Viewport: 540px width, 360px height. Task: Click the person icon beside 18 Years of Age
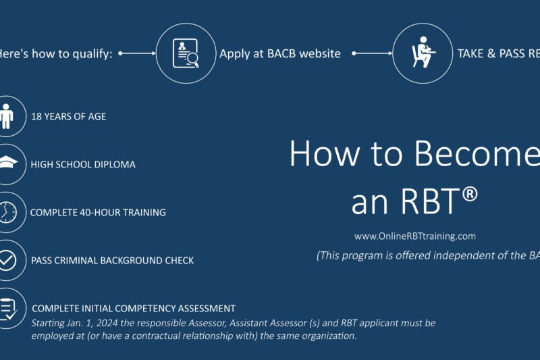(x=7, y=116)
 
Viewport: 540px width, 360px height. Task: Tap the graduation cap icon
(x=7, y=164)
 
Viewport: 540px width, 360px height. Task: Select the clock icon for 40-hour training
(x=7, y=212)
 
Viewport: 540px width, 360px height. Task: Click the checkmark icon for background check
(x=7, y=260)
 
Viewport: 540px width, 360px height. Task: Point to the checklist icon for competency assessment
(x=7, y=309)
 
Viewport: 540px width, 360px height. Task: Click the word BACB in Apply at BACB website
(x=279, y=54)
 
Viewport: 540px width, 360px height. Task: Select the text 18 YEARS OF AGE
(x=68, y=116)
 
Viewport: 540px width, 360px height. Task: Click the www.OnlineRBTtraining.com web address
(x=415, y=236)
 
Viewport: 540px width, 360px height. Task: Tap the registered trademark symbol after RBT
(x=470, y=195)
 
